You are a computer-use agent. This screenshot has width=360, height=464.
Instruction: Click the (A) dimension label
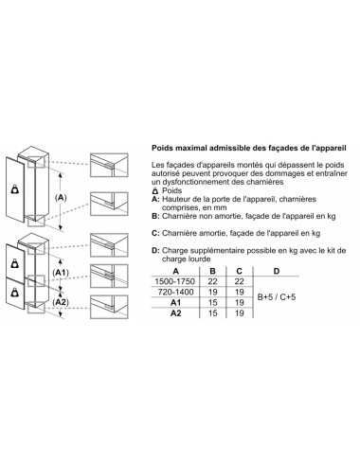tap(61, 198)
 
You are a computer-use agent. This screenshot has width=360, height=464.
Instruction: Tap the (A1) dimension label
tap(61, 273)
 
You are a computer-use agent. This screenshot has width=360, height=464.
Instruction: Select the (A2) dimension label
tap(61, 302)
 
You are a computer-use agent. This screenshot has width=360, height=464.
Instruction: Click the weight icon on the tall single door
tap(14, 189)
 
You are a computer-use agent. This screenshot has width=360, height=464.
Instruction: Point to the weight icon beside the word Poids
tap(155, 190)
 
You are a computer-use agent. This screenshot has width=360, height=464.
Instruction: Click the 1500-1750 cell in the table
tap(174, 281)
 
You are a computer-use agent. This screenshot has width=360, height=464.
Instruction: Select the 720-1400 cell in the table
tap(175, 292)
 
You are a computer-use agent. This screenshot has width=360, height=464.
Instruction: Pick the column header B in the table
tap(213, 271)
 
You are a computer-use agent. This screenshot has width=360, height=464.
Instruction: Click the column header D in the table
tap(277, 271)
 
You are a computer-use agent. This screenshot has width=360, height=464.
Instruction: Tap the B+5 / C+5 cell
tap(277, 297)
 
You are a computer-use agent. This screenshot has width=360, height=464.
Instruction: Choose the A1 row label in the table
tap(176, 303)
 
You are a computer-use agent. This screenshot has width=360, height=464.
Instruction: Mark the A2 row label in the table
tap(176, 313)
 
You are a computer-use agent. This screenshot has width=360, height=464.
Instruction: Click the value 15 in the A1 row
tap(213, 303)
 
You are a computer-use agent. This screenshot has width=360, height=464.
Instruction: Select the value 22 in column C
tap(240, 281)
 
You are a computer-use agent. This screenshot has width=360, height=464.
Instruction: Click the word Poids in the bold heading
tap(162, 148)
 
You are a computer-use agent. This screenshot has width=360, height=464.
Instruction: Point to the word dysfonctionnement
tap(196, 182)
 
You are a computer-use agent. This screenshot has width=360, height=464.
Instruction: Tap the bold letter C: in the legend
tap(155, 233)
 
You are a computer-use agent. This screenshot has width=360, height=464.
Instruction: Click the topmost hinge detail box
tap(109, 165)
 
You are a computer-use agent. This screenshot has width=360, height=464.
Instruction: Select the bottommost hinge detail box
tap(109, 307)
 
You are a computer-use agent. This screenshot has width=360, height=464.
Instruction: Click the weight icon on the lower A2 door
tap(14, 293)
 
